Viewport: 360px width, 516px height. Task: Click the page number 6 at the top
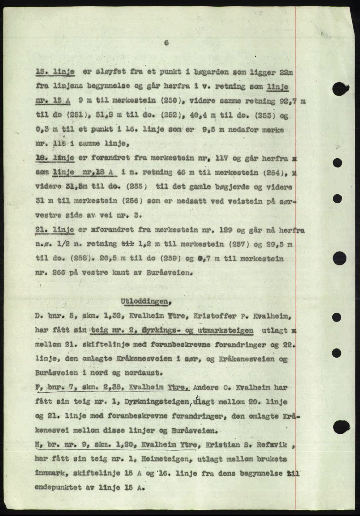tap(166, 43)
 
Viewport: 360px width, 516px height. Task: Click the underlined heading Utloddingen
tap(145, 302)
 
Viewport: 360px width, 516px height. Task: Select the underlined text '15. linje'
tap(55, 73)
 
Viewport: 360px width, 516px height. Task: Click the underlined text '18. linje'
tap(55, 158)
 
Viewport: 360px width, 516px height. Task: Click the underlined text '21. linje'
tap(55, 230)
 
